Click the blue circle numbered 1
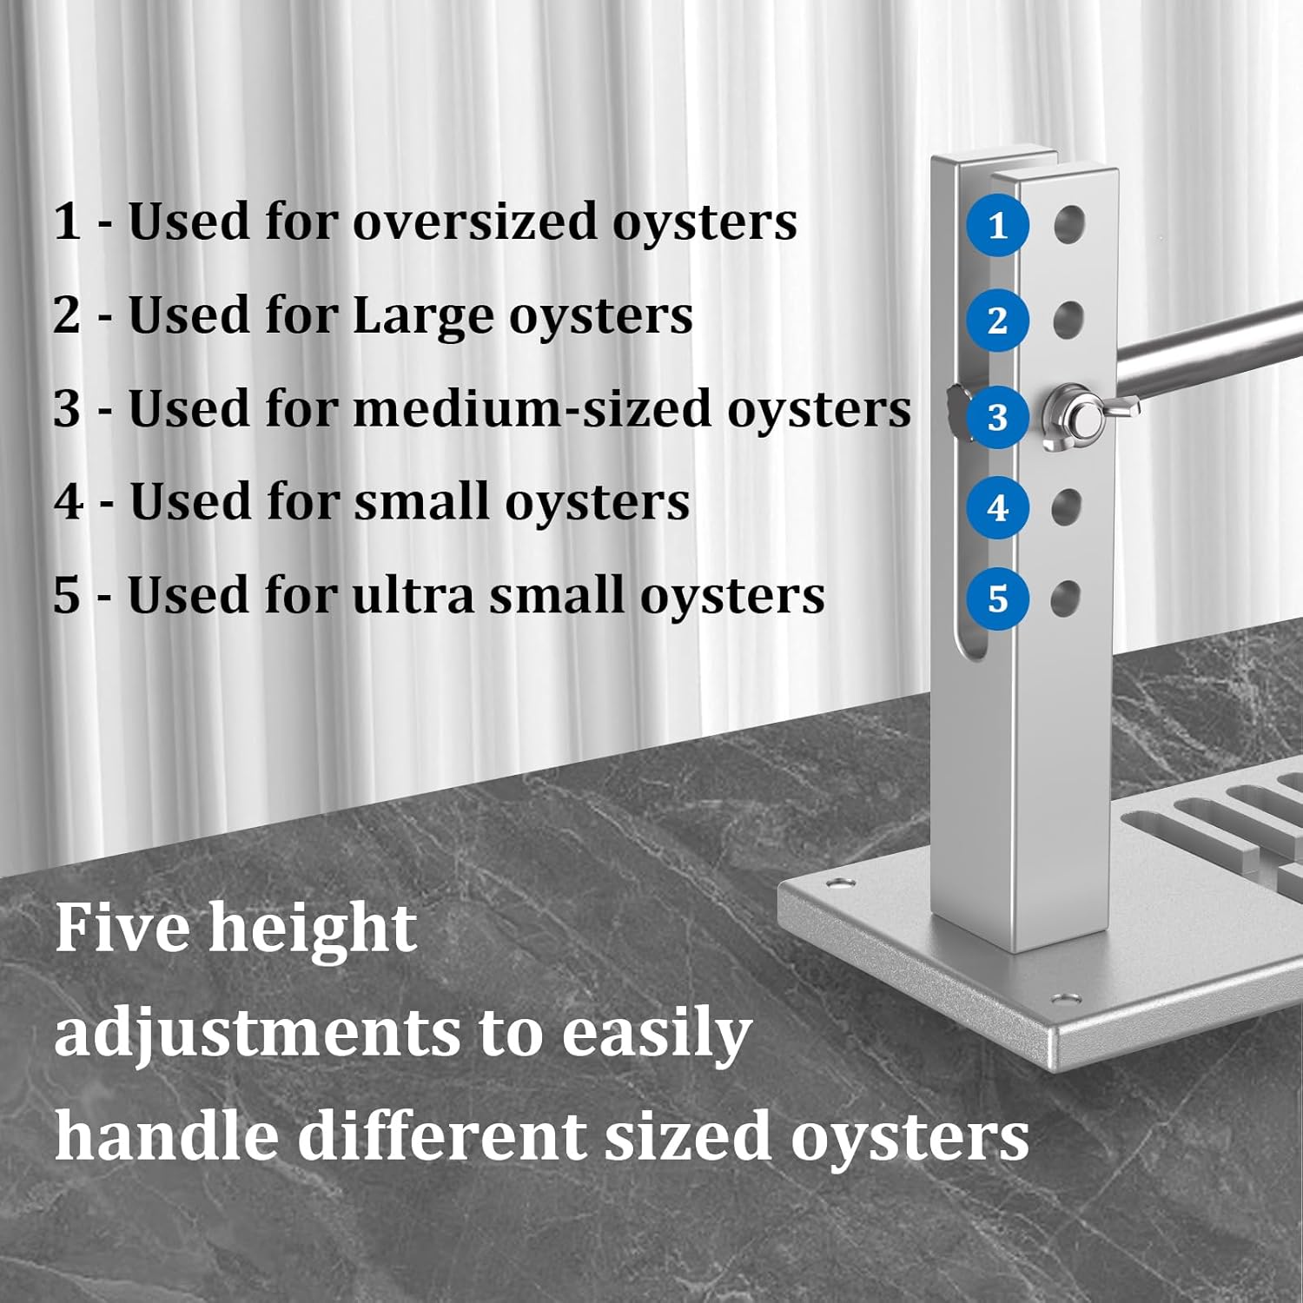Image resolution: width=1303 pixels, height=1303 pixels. [997, 226]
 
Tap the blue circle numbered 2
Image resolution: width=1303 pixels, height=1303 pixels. [997, 321]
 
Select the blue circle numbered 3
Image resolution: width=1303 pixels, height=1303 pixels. [997, 417]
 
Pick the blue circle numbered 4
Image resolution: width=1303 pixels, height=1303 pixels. [997, 507]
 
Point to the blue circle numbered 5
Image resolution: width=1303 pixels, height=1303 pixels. [997, 599]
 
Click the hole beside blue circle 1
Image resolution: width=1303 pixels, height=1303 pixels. [1069, 224]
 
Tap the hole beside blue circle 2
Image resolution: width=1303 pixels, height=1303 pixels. [1068, 320]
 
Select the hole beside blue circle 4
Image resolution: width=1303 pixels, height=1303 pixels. [1067, 507]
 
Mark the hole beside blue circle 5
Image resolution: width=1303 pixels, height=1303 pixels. [1066, 599]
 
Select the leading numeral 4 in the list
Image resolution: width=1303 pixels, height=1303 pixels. [67, 502]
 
